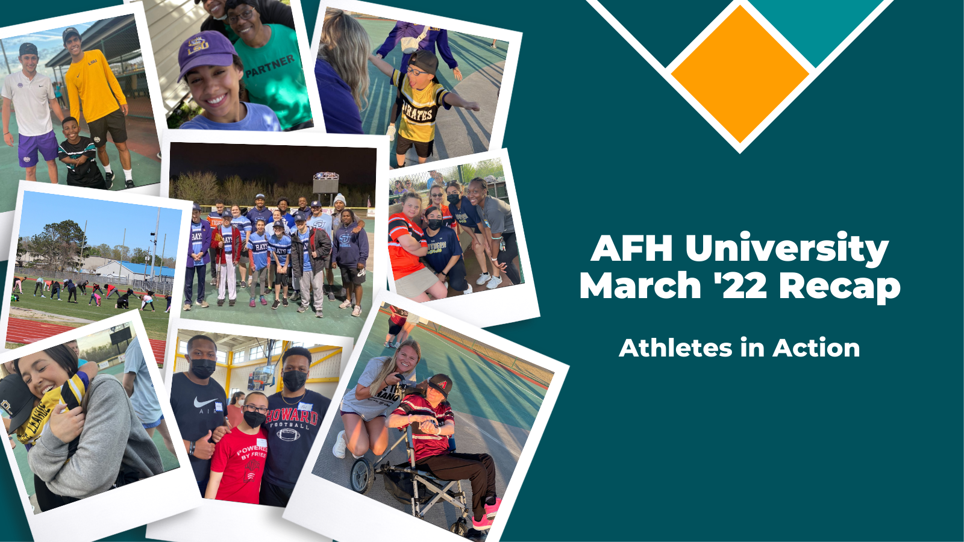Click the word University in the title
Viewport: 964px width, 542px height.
[x=786, y=248]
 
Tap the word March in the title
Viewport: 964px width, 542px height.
[x=640, y=285]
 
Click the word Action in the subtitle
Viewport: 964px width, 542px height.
[x=816, y=348]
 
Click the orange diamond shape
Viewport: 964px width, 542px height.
[x=740, y=73]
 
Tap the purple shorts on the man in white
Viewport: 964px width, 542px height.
[x=37, y=148]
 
